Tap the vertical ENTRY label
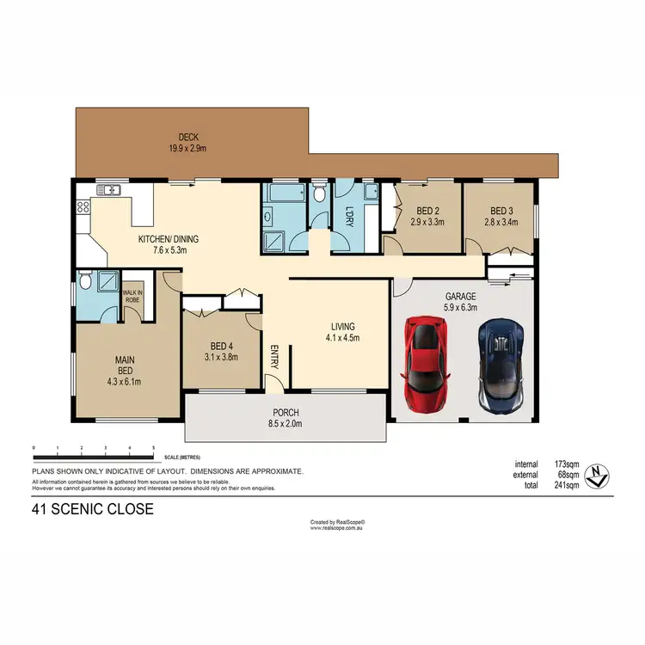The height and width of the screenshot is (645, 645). (275, 356)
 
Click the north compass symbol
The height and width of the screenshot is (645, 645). (596, 473)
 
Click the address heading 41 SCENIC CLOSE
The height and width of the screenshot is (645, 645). (92, 509)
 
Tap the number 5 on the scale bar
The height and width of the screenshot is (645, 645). (153, 449)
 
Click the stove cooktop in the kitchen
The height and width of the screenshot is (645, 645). (83, 206)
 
